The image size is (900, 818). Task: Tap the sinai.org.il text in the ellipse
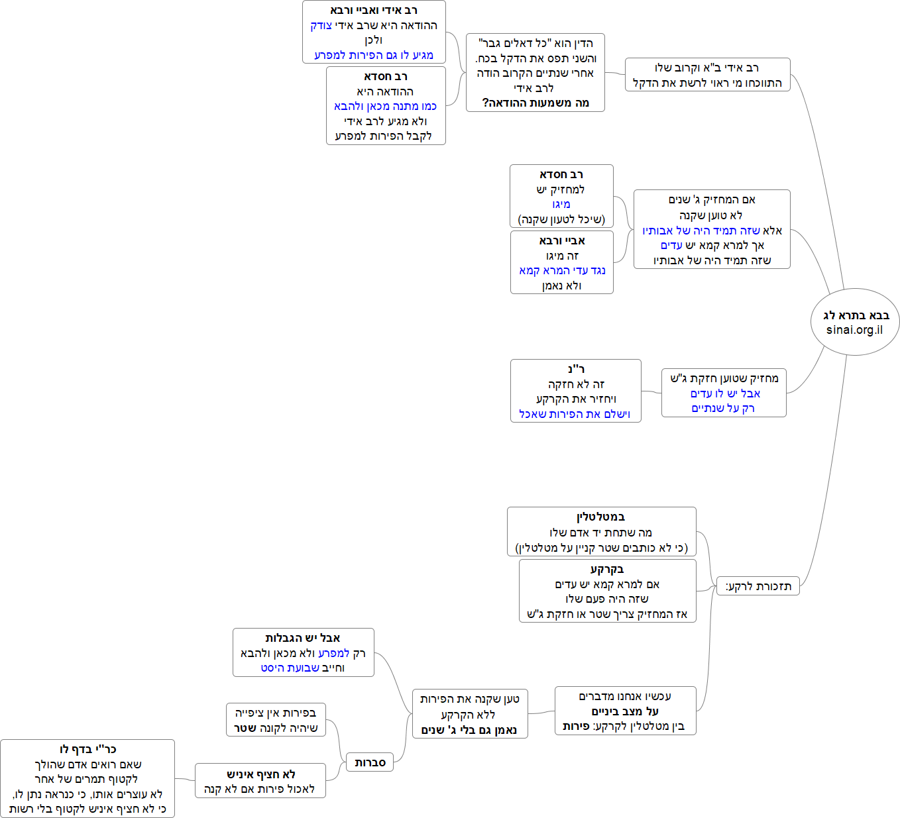tap(854, 330)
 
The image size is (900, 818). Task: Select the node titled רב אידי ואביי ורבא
tap(374, 32)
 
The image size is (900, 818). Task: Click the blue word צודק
tap(321, 25)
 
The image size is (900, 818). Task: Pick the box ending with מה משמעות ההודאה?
tap(535, 73)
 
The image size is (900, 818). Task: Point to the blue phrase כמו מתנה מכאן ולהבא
tap(385, 106)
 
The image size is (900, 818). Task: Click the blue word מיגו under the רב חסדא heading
tap(561, 204)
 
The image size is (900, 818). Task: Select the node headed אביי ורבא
tap(561, 262)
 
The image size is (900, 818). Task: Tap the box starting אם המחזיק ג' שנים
tap(712, 229)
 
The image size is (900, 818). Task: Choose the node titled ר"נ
tap(575, 391)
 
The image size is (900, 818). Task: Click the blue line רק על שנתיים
tap(723, 408)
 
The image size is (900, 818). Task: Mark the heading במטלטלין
tap(600, 517)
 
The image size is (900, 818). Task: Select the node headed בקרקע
tap(607, 591)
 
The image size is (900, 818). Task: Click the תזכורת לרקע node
tap(758, 586)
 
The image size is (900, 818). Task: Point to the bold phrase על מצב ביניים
tap(625, 711)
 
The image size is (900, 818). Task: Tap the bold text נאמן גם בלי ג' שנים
tap(469, 730)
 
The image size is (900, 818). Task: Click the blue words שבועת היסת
tap(290, 668)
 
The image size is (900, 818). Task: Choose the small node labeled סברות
tap(370, 762)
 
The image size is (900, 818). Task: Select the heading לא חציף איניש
tap(260, 774)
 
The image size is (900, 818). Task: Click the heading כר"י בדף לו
tap(87, 749)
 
